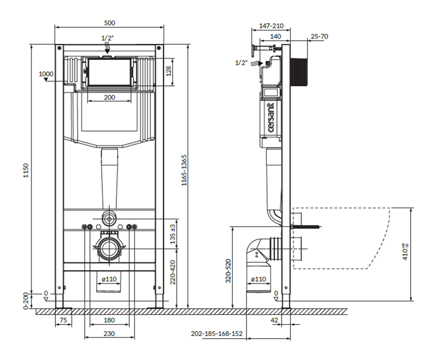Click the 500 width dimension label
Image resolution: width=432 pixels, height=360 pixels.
point(109,22)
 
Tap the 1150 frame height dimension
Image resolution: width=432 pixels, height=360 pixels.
point(26,171)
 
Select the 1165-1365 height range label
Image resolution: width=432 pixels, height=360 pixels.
point(184,170)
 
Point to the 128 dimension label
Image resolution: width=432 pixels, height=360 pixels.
point(169,71)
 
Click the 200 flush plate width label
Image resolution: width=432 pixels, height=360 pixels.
point(109,97)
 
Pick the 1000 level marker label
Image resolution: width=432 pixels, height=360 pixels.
point(46,74)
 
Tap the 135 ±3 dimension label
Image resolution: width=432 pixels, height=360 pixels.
point(173,234)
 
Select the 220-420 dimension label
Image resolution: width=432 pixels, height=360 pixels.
point(173,272)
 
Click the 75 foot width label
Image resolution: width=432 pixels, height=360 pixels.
point(63,320)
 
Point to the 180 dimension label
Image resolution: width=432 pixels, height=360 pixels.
point(109,320)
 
